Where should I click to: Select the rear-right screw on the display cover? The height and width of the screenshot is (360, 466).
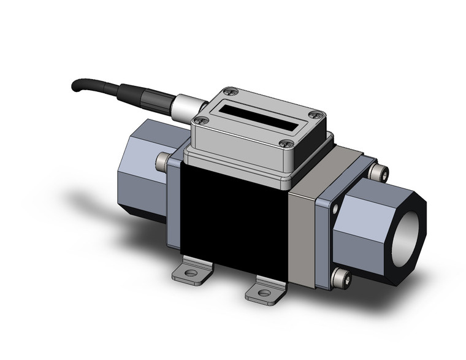[x=316, y=113]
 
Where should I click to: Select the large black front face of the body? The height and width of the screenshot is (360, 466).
[x=233, y=227]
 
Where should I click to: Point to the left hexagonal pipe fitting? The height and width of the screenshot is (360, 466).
[x=147, y=166]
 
